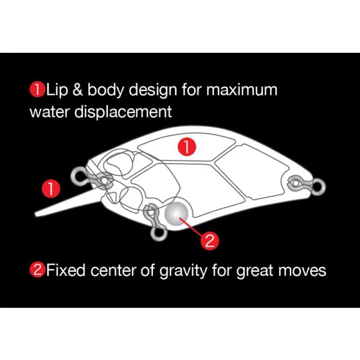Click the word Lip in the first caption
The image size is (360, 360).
click(57, 90)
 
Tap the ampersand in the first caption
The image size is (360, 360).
click(77, 89)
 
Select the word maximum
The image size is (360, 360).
click(242, 89)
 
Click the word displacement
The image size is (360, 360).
click(123, 112)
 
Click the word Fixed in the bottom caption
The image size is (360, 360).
click(66, 270)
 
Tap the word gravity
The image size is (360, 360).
click(183, 271)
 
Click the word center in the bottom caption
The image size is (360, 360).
click(113, 271)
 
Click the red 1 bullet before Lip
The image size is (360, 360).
click(37, 90)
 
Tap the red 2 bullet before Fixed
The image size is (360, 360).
click(37, 270)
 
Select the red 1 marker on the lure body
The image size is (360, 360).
click(187, 147)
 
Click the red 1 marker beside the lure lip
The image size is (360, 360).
click(51, 188)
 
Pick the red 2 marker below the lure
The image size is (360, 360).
click(209, 241)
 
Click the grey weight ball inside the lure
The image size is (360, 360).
click(176, 214)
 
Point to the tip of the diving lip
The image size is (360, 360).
click(35, 215)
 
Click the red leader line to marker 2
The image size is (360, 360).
click(191, 227)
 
